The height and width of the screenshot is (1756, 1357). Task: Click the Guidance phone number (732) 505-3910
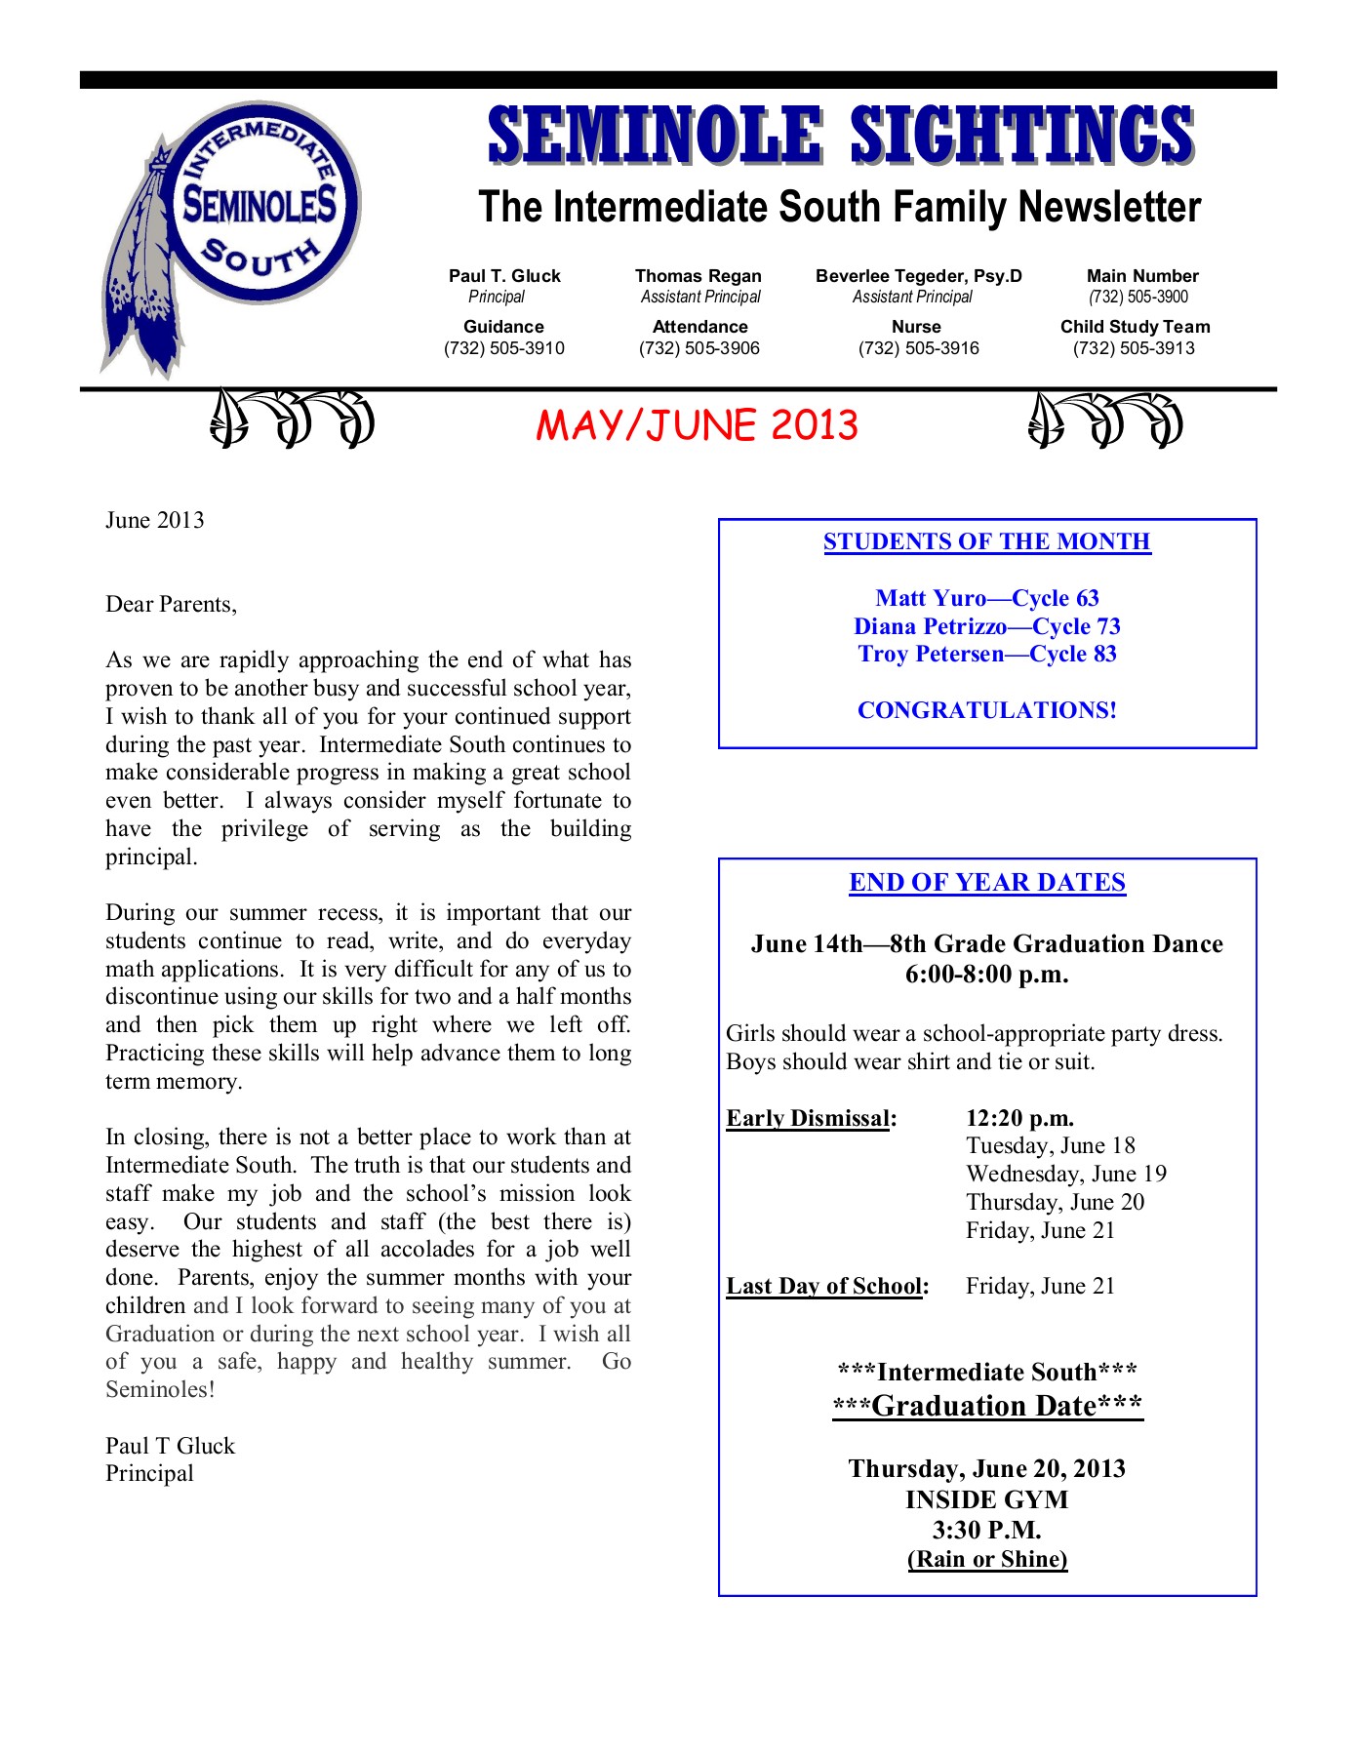[503, 348]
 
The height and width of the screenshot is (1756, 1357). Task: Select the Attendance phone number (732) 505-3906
[698, 348]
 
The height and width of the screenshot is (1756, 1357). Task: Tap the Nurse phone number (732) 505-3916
[918, 348]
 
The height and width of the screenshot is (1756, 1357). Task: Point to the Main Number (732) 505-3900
[1138, 297]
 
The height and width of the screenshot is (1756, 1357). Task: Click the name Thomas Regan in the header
[698, 276]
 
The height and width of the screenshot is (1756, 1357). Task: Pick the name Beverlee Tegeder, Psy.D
[918, 276]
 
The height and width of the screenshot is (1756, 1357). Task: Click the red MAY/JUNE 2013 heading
[697, 425]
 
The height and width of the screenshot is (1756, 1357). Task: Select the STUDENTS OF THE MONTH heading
[986, 541]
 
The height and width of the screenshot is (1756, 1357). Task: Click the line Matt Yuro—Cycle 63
[986, 598]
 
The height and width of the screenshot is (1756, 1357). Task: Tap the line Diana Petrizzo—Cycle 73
[986, 626]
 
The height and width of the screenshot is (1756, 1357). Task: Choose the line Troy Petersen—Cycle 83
[986, 654]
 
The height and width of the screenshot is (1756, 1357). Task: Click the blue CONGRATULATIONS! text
[986, 710]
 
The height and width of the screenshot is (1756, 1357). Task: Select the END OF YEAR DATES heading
[986, 883]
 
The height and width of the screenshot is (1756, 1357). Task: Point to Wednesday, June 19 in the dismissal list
[1065, 1174]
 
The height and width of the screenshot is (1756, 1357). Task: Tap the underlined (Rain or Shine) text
[986, 1559]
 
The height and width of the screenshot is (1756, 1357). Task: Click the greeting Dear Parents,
[171, 604]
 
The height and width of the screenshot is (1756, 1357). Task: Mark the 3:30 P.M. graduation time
[986, 1530]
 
